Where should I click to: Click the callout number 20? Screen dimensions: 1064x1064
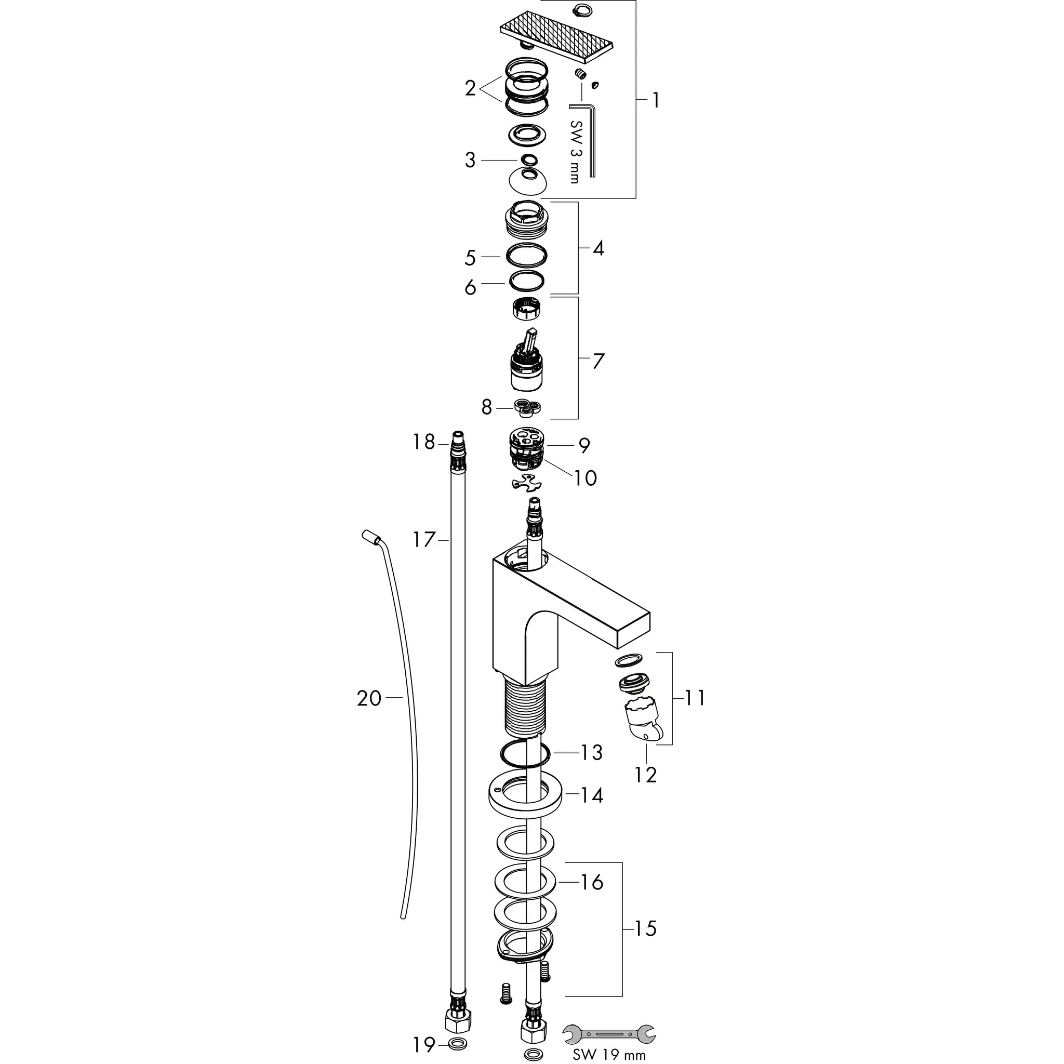369,699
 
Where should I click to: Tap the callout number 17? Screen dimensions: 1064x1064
424,540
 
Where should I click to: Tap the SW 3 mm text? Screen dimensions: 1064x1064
575,152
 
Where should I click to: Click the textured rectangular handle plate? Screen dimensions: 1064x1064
556,35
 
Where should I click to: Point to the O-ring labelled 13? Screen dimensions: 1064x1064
525,754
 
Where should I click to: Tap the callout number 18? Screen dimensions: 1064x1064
424,442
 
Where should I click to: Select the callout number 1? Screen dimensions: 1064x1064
655,100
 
